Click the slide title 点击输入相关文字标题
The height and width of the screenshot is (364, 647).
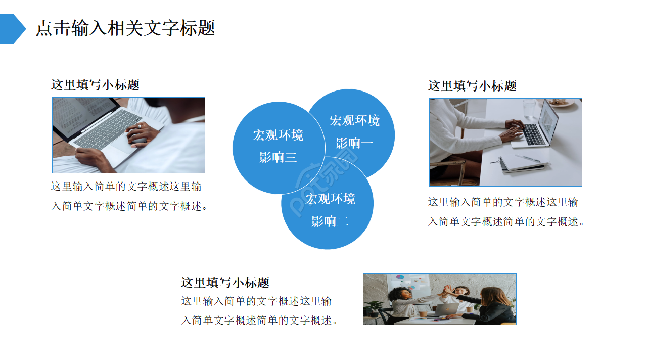coord(125,28)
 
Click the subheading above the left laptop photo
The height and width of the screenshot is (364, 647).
coord(95,85)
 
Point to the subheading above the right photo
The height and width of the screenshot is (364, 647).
coord(472,86)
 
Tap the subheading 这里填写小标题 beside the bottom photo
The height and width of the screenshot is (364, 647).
coord(225,282)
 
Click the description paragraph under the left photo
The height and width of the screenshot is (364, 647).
coord(129,196)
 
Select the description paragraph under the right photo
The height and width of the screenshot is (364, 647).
coord(505,212)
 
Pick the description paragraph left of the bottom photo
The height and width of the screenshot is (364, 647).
coord(259,311)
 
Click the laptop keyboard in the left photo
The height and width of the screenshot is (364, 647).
coord(106,129)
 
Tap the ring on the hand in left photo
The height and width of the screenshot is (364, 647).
coord(140,126)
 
